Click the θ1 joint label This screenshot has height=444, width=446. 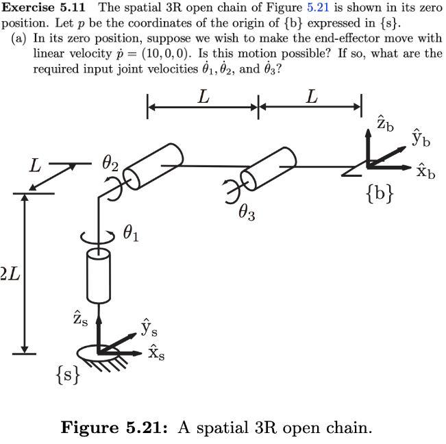131,235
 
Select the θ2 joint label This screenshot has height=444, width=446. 110,164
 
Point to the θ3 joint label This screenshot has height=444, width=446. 247,214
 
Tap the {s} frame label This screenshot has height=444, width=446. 68,374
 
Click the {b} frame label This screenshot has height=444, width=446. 380,193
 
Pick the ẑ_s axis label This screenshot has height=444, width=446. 80,319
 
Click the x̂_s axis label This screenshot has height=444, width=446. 156,353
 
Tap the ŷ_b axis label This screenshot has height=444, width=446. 421,137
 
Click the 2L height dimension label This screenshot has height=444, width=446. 10,275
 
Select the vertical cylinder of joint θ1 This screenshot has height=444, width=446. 98,276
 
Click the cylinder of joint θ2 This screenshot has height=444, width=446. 153,166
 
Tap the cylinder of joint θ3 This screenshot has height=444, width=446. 269,169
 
